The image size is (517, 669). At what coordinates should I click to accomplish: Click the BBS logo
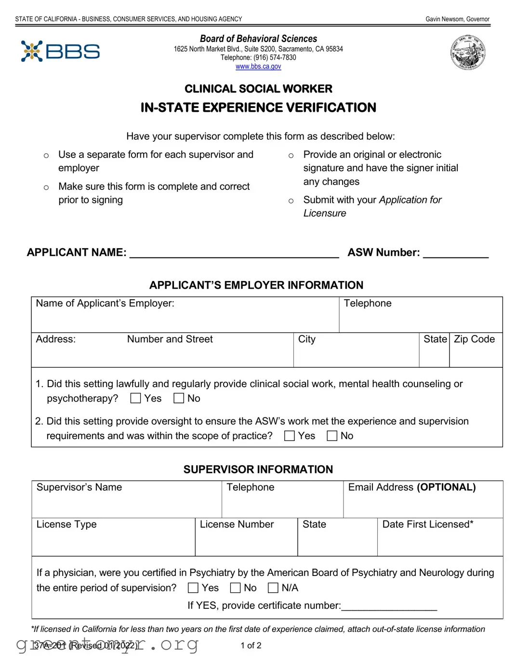(60, 51)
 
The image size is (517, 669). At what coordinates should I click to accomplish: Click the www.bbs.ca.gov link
(258, 67)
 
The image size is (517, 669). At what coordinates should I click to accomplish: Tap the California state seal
(467, 53)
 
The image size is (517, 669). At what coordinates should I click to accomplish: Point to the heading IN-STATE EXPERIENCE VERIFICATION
(258, 107)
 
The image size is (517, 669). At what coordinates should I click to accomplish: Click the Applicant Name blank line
(234, 254)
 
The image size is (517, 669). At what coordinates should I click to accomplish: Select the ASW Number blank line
(455, 254)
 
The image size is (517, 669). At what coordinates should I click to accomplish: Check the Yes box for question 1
(136, 398)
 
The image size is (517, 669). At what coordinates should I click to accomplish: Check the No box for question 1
(179, 398)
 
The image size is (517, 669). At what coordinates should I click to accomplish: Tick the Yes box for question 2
(290, 436)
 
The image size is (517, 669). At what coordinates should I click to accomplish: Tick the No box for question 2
(332, 436)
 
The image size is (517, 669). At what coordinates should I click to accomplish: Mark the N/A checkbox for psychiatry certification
(273, 588)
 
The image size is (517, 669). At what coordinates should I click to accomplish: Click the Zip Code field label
(474, 339)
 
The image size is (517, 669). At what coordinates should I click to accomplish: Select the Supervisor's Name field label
(79, 487)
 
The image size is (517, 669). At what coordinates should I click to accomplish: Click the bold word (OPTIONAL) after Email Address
(446, 487)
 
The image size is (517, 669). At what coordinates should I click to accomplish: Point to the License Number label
(237, 524)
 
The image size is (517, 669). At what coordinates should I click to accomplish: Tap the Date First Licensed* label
(427, 524)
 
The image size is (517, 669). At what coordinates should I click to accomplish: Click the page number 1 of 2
(251, 645)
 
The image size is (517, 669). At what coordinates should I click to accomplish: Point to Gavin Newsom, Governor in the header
(457, 19)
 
